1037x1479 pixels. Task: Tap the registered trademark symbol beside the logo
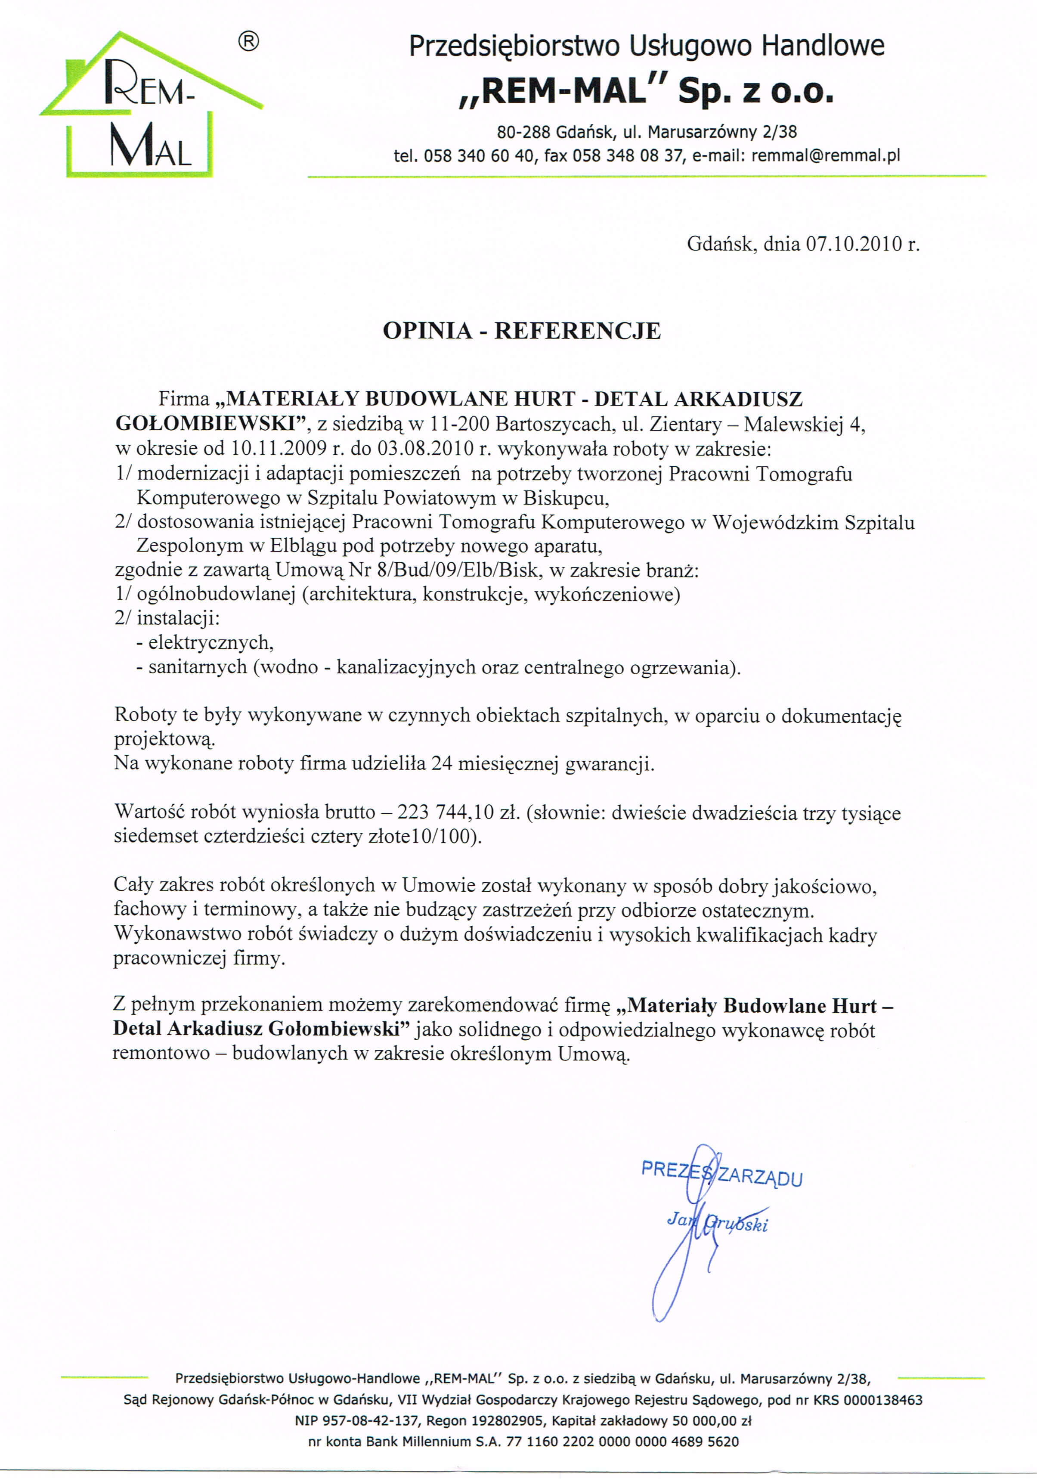[x=249, y=43]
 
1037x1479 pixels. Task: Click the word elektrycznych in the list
[x=210, y=643]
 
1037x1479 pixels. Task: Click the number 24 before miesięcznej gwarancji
[x=441, y=764]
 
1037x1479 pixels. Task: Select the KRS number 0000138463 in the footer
[x=882, y=1400]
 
